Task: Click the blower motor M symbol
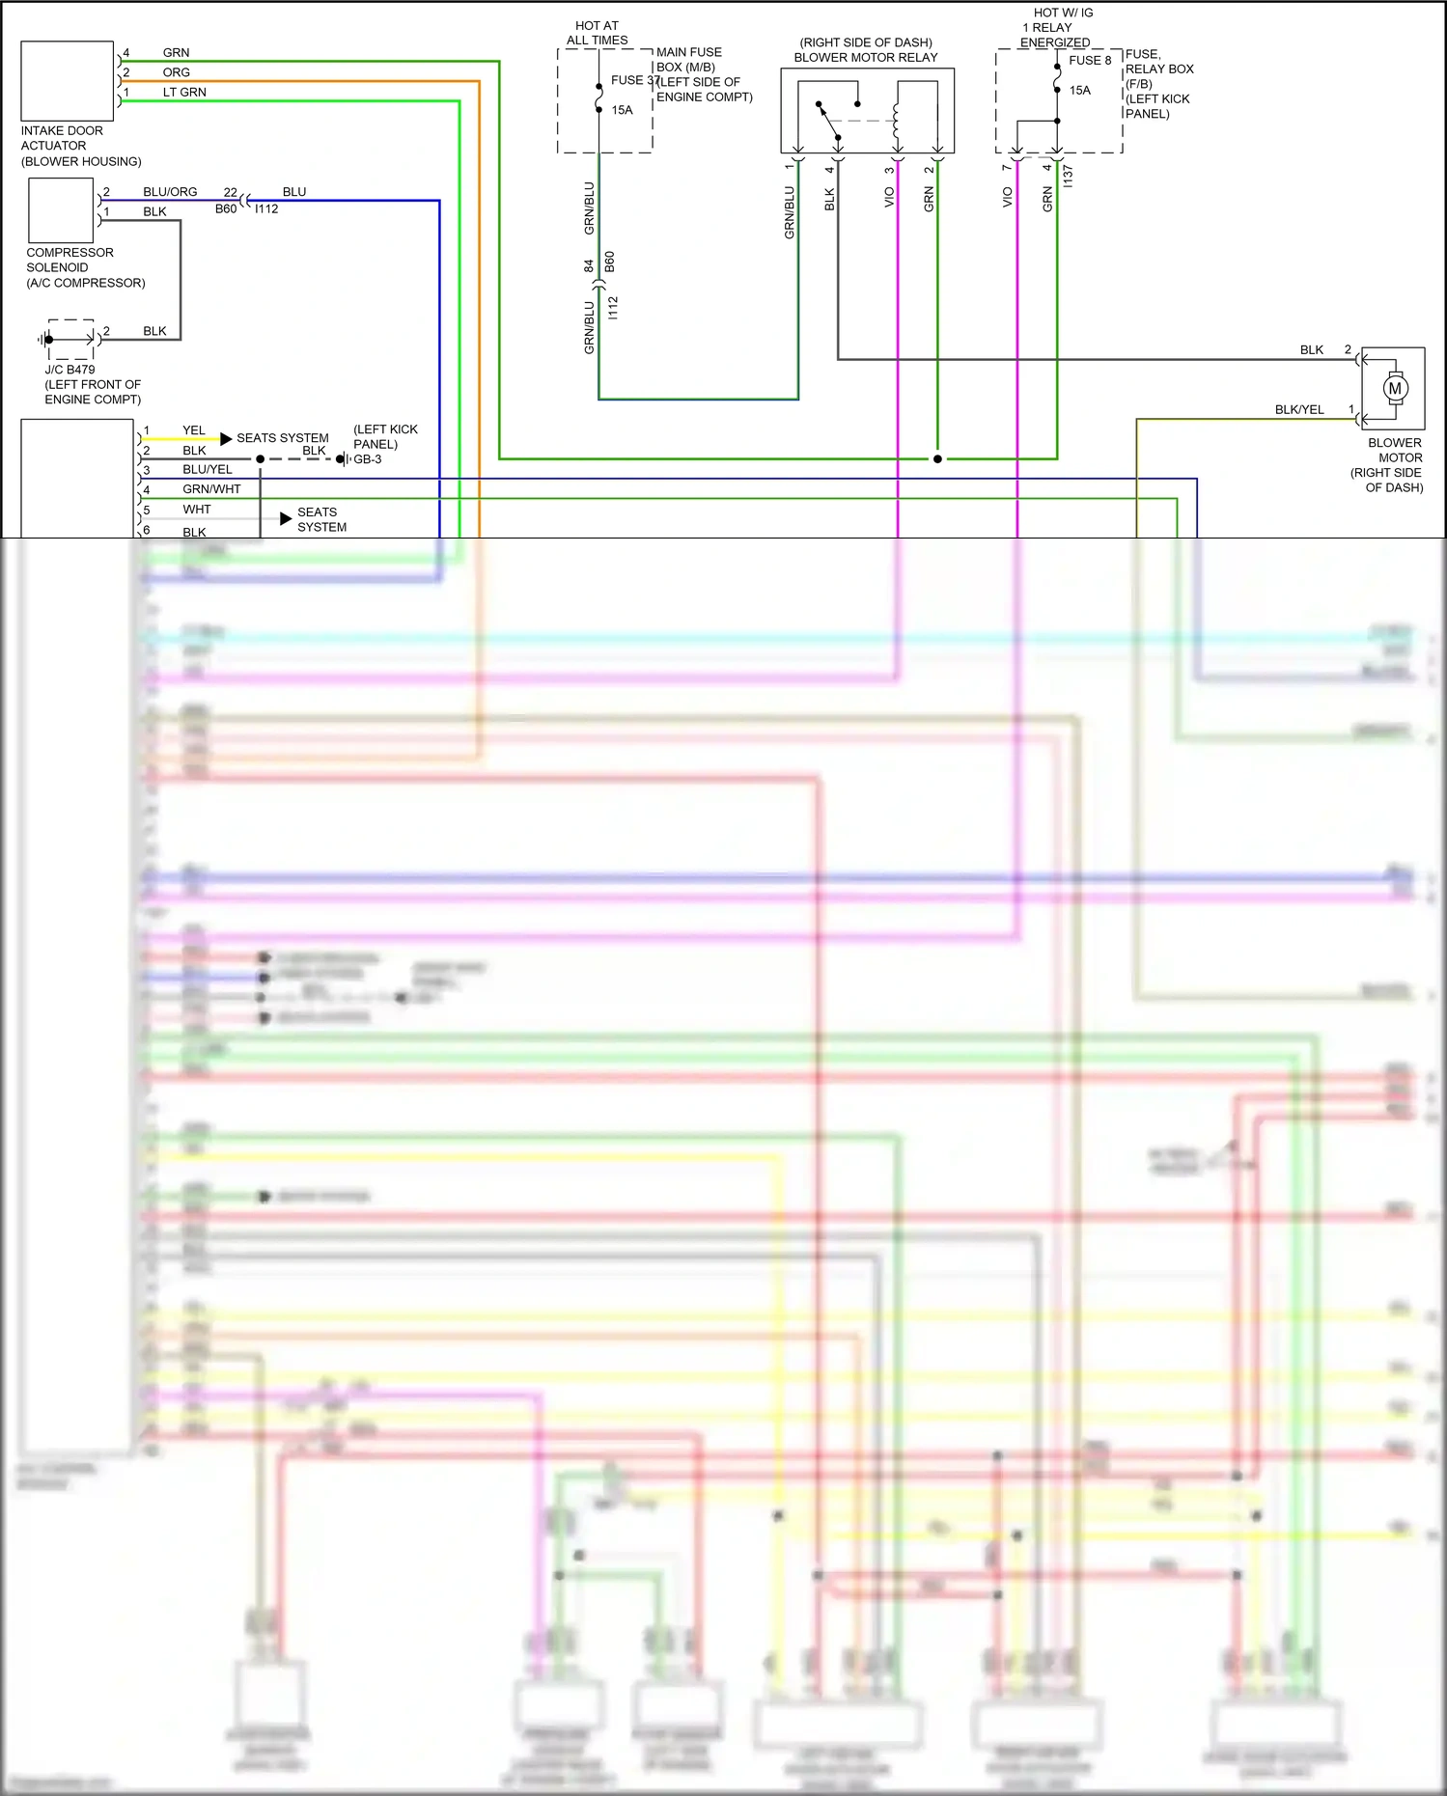1394,388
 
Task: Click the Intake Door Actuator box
67,81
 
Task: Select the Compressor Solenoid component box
61,210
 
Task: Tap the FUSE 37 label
633,80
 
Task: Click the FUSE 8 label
1090,60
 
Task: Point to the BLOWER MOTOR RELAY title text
865,58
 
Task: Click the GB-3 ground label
367,459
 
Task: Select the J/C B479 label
70,370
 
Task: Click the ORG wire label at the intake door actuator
176,72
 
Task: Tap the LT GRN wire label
183,93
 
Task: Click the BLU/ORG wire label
170,192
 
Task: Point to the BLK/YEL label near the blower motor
1298,410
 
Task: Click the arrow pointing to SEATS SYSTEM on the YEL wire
226,439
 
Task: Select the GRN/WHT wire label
211,489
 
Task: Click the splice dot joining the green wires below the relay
937,459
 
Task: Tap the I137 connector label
1068,176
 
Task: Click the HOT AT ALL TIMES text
597,33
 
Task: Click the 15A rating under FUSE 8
1079,91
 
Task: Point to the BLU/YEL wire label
207,470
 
